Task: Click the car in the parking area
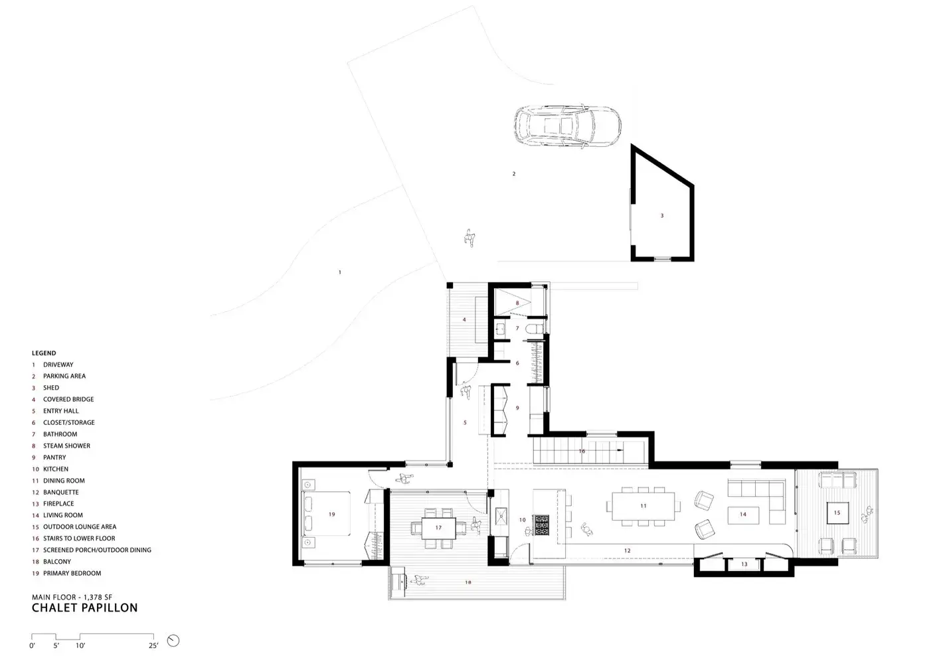pyautogui.click(x=568, y=126)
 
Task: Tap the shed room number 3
pyautogui.click(x=662, y=215)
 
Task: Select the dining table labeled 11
pyautogui.click(x=643, y=506)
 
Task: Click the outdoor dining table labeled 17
pyautogui.click(x=438, y=528)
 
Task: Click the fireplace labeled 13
pyautogui.click(x=744, y=564)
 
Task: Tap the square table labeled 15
pyautogui.click(x=837, y=513)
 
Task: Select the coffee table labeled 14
pyautogui.click(x=743, y=515)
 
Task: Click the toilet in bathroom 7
pyautogui.click(x=535, y=329)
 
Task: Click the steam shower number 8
pyautogui.click(x=517, y=303)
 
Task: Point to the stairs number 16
pyautogui.click(x=582, y=451)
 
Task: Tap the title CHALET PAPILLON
pyautogui.click(x=84, y=608)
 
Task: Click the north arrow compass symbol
pyautogui.click(x=173, y=641)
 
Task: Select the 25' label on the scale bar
pyautogui.click(x=153, y=645)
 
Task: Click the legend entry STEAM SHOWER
pyautogui.click(x=66, y=446)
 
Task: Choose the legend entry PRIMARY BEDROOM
pyautogui.click(x=72, y=573)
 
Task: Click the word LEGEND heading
pyautogui.click(x=44, y=353)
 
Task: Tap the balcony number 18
pyautogui.click(x=468, y=582)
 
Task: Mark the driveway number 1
pyautogui.click(x=340, y=272)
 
